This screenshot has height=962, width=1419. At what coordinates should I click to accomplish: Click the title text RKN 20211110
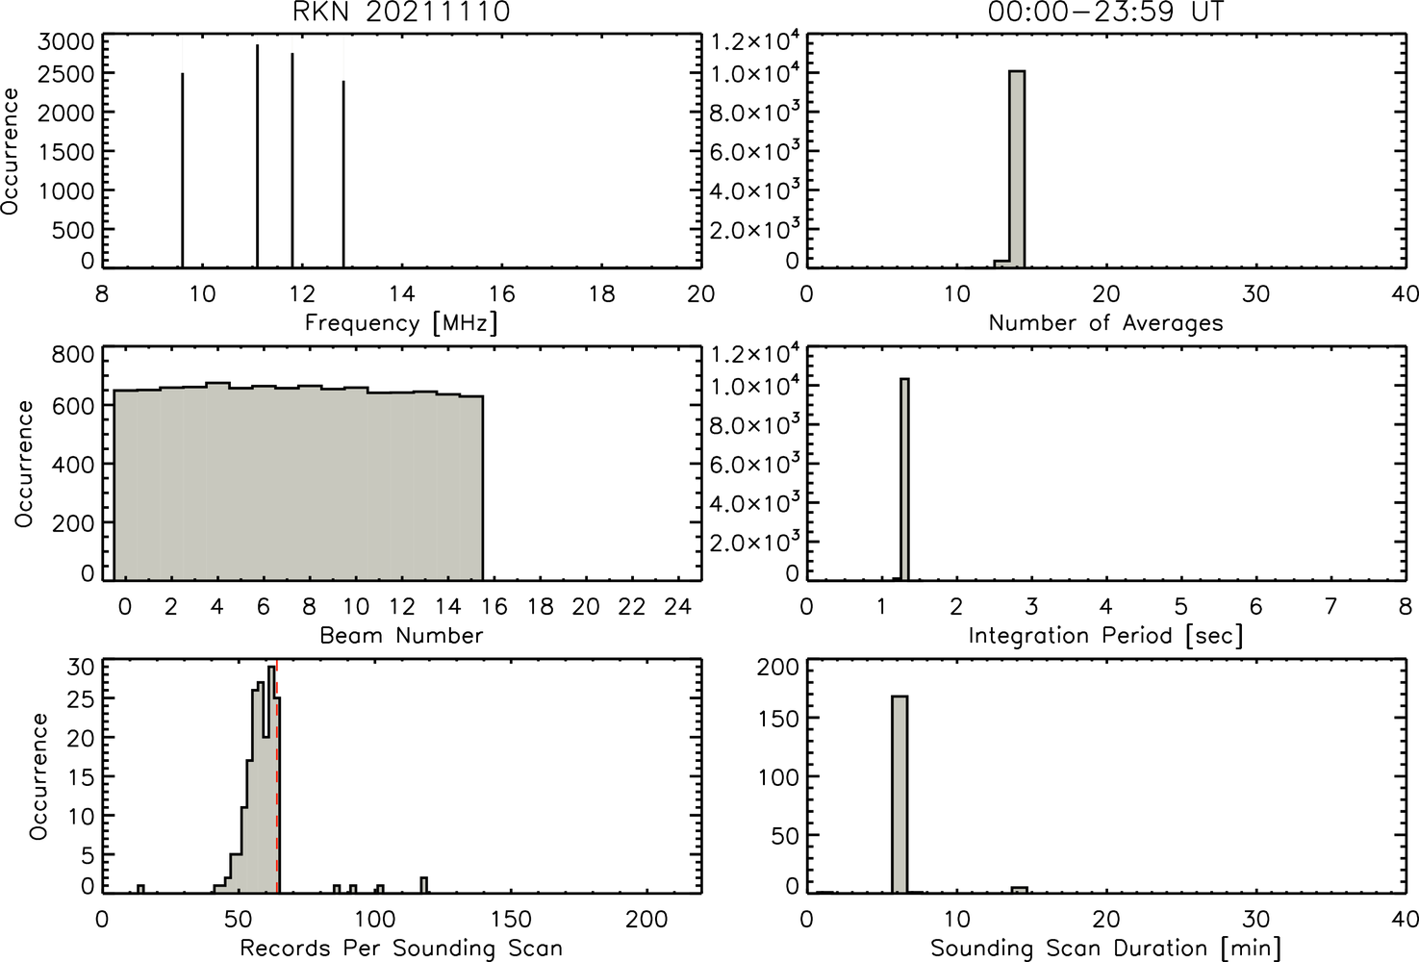[401, 12]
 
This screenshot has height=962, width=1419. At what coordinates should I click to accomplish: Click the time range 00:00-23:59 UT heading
[1105, 12]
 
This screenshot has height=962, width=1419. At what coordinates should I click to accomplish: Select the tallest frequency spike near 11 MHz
[257, 156]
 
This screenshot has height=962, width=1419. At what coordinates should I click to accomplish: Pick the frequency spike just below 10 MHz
[183, 170]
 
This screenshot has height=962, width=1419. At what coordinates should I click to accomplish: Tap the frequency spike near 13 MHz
[343, 174]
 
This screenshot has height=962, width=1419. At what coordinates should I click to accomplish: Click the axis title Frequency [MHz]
[401, 323]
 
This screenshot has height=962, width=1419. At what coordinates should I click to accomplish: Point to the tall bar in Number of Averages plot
[1017, 169]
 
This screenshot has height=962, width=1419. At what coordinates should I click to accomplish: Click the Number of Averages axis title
[1105, 323]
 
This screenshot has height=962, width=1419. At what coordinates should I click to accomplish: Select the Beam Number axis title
[401, 635]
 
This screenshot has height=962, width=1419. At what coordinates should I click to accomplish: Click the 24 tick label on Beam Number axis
[678, 607]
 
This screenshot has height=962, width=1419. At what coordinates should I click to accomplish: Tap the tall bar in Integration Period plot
[904, 479]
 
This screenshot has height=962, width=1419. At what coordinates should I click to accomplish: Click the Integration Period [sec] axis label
[1105, 635]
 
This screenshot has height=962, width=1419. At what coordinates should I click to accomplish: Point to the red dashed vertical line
[277, 776]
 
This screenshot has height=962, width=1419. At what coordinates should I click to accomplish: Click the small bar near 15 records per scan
[140, 889]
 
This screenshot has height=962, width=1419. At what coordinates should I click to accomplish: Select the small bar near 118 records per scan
[424, 885]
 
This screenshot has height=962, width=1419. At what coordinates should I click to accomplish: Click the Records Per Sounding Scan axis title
[401, 949]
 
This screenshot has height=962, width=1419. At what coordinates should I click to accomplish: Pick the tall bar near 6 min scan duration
[900, 795]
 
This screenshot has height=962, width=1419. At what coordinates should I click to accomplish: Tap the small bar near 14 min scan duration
[1019, 891]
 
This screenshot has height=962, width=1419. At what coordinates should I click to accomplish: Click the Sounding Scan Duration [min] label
[1105, 949]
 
